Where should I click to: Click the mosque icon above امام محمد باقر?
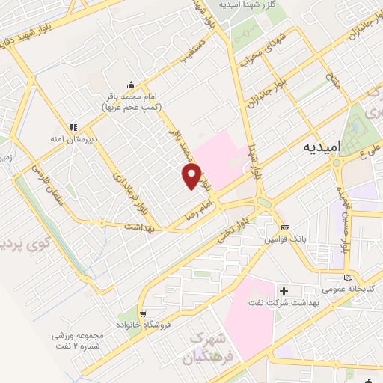[132, 85]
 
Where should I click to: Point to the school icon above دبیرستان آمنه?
[73, 127]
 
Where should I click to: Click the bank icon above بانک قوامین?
[285, 227]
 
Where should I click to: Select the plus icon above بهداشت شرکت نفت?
[283, 290]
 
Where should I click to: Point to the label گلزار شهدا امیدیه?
[250, 4]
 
